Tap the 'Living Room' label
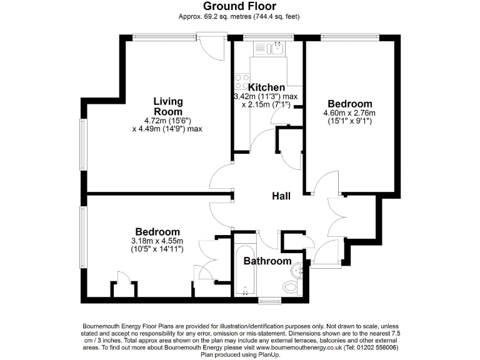(x=168, y=106)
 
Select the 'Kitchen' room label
(x=266, y=87)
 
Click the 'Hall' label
(x=281, y=196)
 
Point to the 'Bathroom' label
(x=267, y=261)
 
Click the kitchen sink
(x=274, y=47)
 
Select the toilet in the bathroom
(x=291, y=287)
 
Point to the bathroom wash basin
(x=298, y=270)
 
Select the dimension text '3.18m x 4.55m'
(x=156, y=241)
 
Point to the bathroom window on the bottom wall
(x=269, y=301)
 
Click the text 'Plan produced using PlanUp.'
(x=240, y=354)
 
